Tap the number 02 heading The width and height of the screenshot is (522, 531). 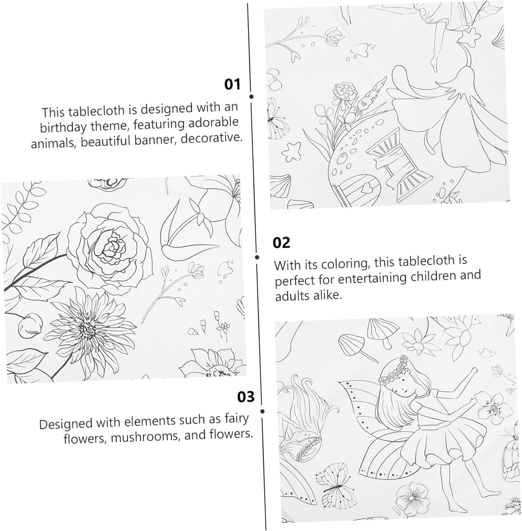281,243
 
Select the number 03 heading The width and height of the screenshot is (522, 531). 246,396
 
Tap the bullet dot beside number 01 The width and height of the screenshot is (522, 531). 251,97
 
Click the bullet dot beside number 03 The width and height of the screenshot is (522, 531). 262,411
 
